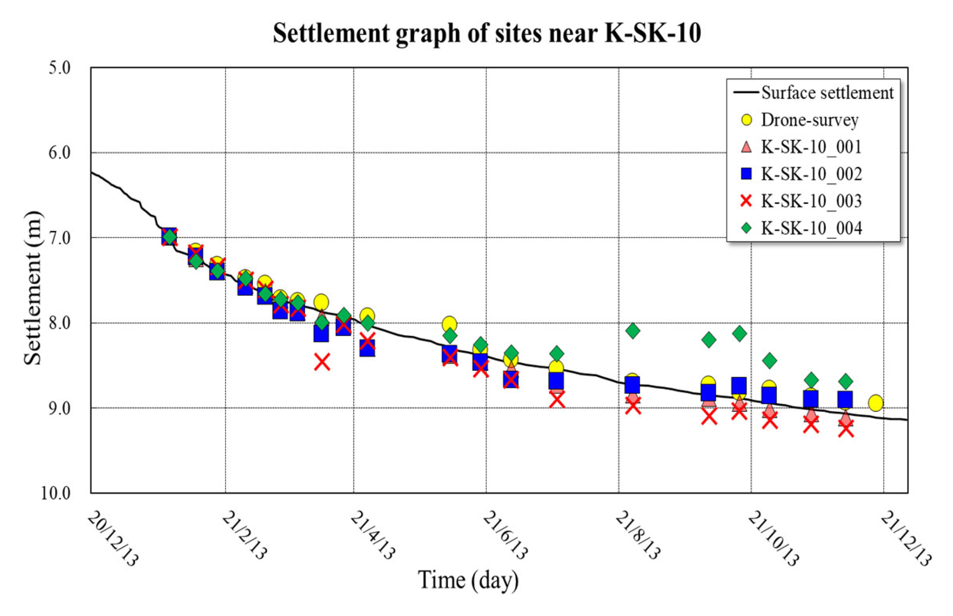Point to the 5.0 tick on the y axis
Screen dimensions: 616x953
point(59,68)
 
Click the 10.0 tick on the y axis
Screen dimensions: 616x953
point(55,493)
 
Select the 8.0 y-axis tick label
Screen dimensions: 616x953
point(59,323)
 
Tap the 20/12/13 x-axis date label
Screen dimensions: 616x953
point(112,539)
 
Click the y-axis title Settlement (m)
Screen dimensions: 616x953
point(33,288)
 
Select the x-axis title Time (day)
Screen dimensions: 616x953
point(468,580)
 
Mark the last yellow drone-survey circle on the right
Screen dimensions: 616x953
point(875,403)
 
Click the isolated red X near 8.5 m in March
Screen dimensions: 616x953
point(322,362)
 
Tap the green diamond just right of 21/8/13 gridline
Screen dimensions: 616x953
point(633,331)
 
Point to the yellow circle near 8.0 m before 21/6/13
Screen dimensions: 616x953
point(449,324)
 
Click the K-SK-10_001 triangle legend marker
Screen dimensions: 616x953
point(746,147)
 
